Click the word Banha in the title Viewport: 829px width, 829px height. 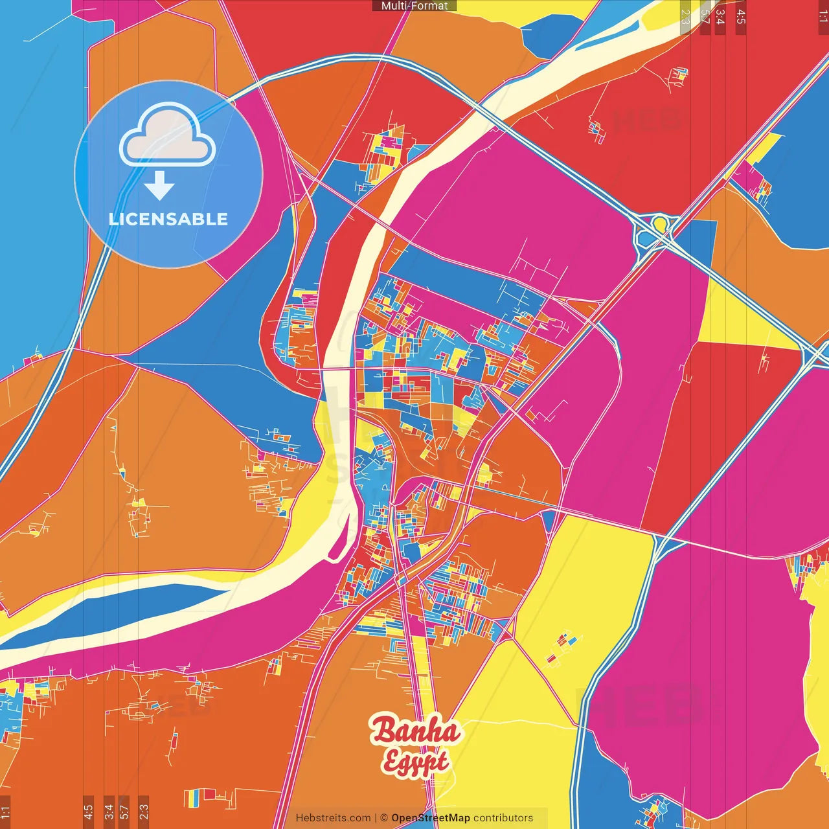(414, 731)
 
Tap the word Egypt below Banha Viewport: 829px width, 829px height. (414, 761)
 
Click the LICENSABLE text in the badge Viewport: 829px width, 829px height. (168, 219)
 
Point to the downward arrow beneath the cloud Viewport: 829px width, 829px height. (159, 186)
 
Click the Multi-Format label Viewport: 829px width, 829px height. (414, 6)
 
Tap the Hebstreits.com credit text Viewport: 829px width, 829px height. (333, 818)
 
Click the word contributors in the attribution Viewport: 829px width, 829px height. (503, 818)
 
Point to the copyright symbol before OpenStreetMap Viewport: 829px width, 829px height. (384, 818)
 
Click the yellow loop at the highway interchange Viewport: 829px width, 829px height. (659, 224)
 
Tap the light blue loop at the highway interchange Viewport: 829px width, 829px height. (645, 239)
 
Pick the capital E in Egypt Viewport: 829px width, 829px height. (391, 762)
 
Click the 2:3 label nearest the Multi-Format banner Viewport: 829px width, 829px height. (685, 17)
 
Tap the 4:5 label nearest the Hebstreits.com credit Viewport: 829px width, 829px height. (88, 810)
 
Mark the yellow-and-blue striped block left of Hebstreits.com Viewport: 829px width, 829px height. (192, 799)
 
